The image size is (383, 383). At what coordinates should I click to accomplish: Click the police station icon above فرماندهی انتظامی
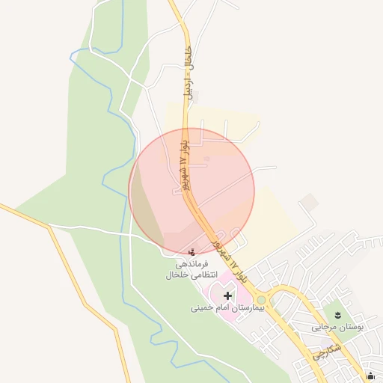tap(194, 251)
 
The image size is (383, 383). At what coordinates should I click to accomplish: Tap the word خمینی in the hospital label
tap(200, 307)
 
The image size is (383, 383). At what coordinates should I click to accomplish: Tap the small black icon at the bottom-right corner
tap(372, 376)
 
